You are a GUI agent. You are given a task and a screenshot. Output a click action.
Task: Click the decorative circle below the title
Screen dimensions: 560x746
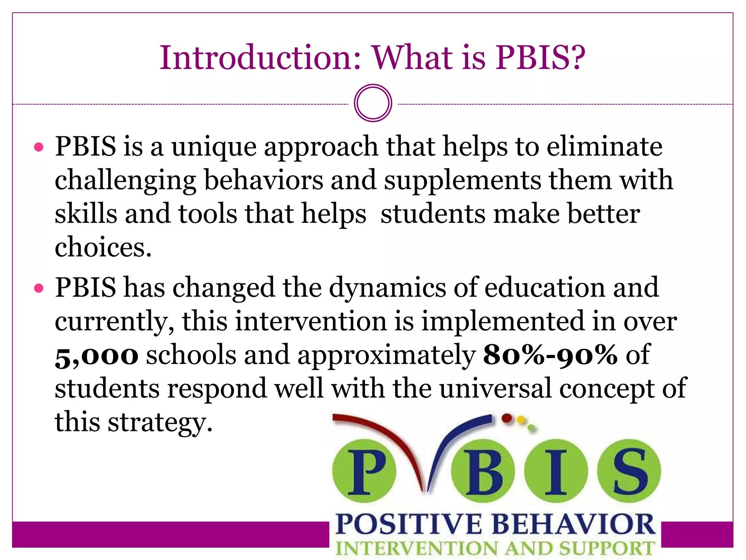coord(373,103)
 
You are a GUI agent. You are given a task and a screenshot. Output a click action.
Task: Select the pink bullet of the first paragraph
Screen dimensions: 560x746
coord(39,147)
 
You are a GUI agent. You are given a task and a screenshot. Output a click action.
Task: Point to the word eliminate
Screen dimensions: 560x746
coord(604,147)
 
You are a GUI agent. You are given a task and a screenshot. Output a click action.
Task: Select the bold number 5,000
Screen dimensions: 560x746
coord(97,355)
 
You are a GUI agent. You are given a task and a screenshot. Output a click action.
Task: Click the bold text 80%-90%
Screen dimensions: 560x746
coord(550,355)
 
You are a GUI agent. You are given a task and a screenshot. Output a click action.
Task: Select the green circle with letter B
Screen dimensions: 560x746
coord(483,471)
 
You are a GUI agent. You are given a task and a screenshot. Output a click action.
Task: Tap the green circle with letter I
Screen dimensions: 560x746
coord(556,471)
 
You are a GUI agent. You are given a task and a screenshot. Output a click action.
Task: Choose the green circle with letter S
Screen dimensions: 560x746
coord(629,471)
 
